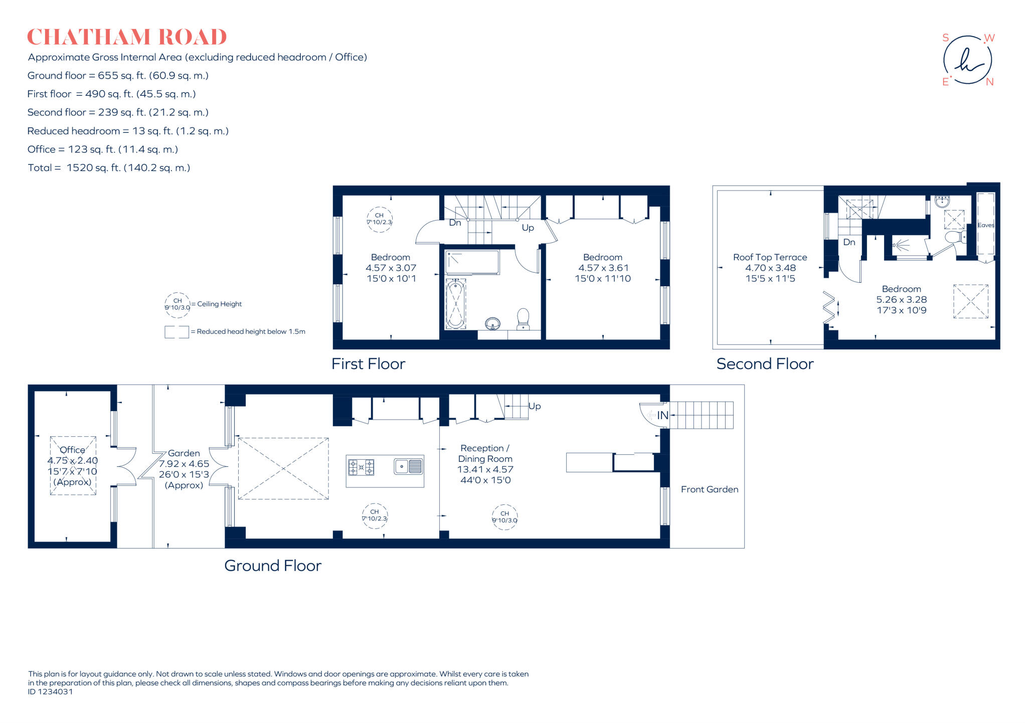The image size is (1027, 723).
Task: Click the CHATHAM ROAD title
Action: point(127,38)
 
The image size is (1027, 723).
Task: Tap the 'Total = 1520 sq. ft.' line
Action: point(109,168)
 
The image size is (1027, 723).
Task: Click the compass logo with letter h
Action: point(967,60)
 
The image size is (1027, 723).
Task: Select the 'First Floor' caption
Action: point(368,364)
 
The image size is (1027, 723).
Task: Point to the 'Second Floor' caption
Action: point(765,364)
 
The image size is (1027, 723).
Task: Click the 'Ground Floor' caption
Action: point(272,566)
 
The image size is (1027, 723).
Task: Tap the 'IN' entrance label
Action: point(662,415)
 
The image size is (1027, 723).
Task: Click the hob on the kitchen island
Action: point(361,467)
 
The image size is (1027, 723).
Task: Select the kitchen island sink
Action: point(408,466)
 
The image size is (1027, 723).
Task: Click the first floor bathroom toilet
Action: point(523,319)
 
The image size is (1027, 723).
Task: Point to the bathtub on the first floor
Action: point(455,304)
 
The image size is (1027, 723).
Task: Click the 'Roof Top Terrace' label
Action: point(770,257)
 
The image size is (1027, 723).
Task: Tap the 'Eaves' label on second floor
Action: point(985,225)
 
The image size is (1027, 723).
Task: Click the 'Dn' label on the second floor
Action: point(849,242)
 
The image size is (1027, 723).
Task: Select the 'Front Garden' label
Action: point(709,489)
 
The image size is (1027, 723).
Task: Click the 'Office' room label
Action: point(72,450)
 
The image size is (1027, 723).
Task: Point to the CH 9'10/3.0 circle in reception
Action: point(504,517)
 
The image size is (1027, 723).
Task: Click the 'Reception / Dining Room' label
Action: point(485,453)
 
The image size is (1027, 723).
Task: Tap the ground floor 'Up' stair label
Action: point(534,406)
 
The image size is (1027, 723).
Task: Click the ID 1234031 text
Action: point(51,692)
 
